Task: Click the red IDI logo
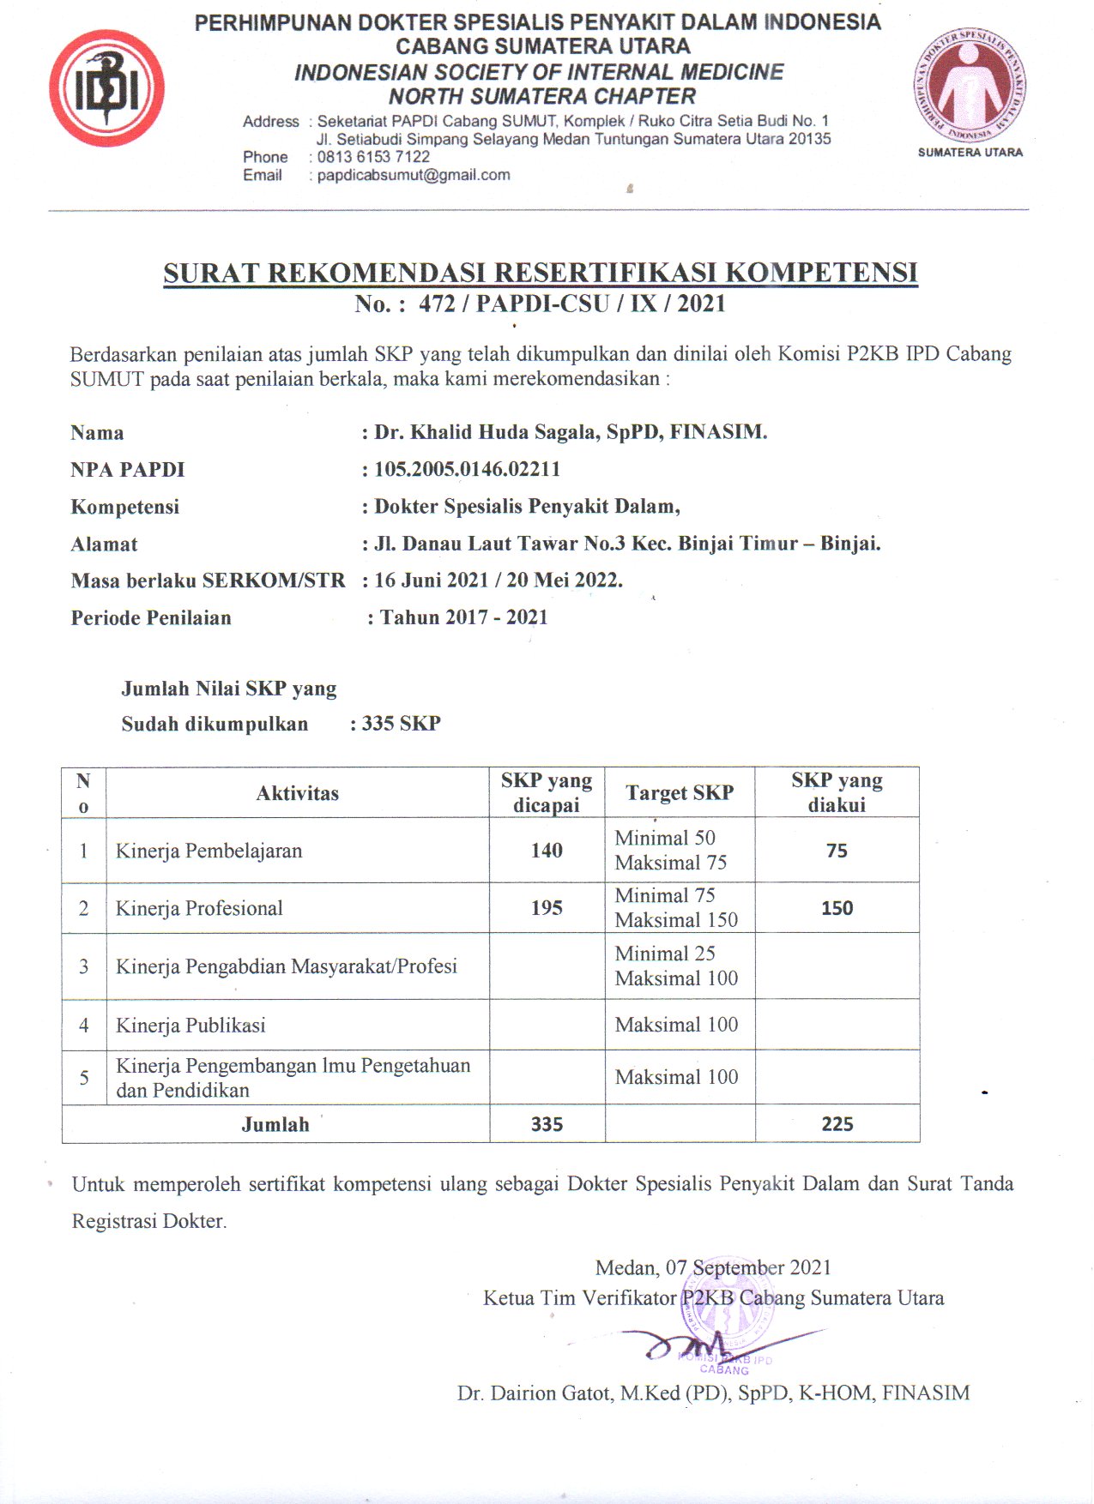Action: (106, 87)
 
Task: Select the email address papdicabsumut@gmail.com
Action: (414, 175)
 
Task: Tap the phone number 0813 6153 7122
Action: (373, 157)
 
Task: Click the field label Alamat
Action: (104, 544)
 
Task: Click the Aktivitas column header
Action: (297, 793)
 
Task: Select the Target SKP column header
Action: (680, 793)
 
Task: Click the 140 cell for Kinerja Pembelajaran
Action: (547, 851)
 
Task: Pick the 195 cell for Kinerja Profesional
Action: (547, 908)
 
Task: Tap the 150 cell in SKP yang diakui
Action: (837, 908)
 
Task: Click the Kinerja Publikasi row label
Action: (190, 1026)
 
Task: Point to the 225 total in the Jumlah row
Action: (837, 1124)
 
